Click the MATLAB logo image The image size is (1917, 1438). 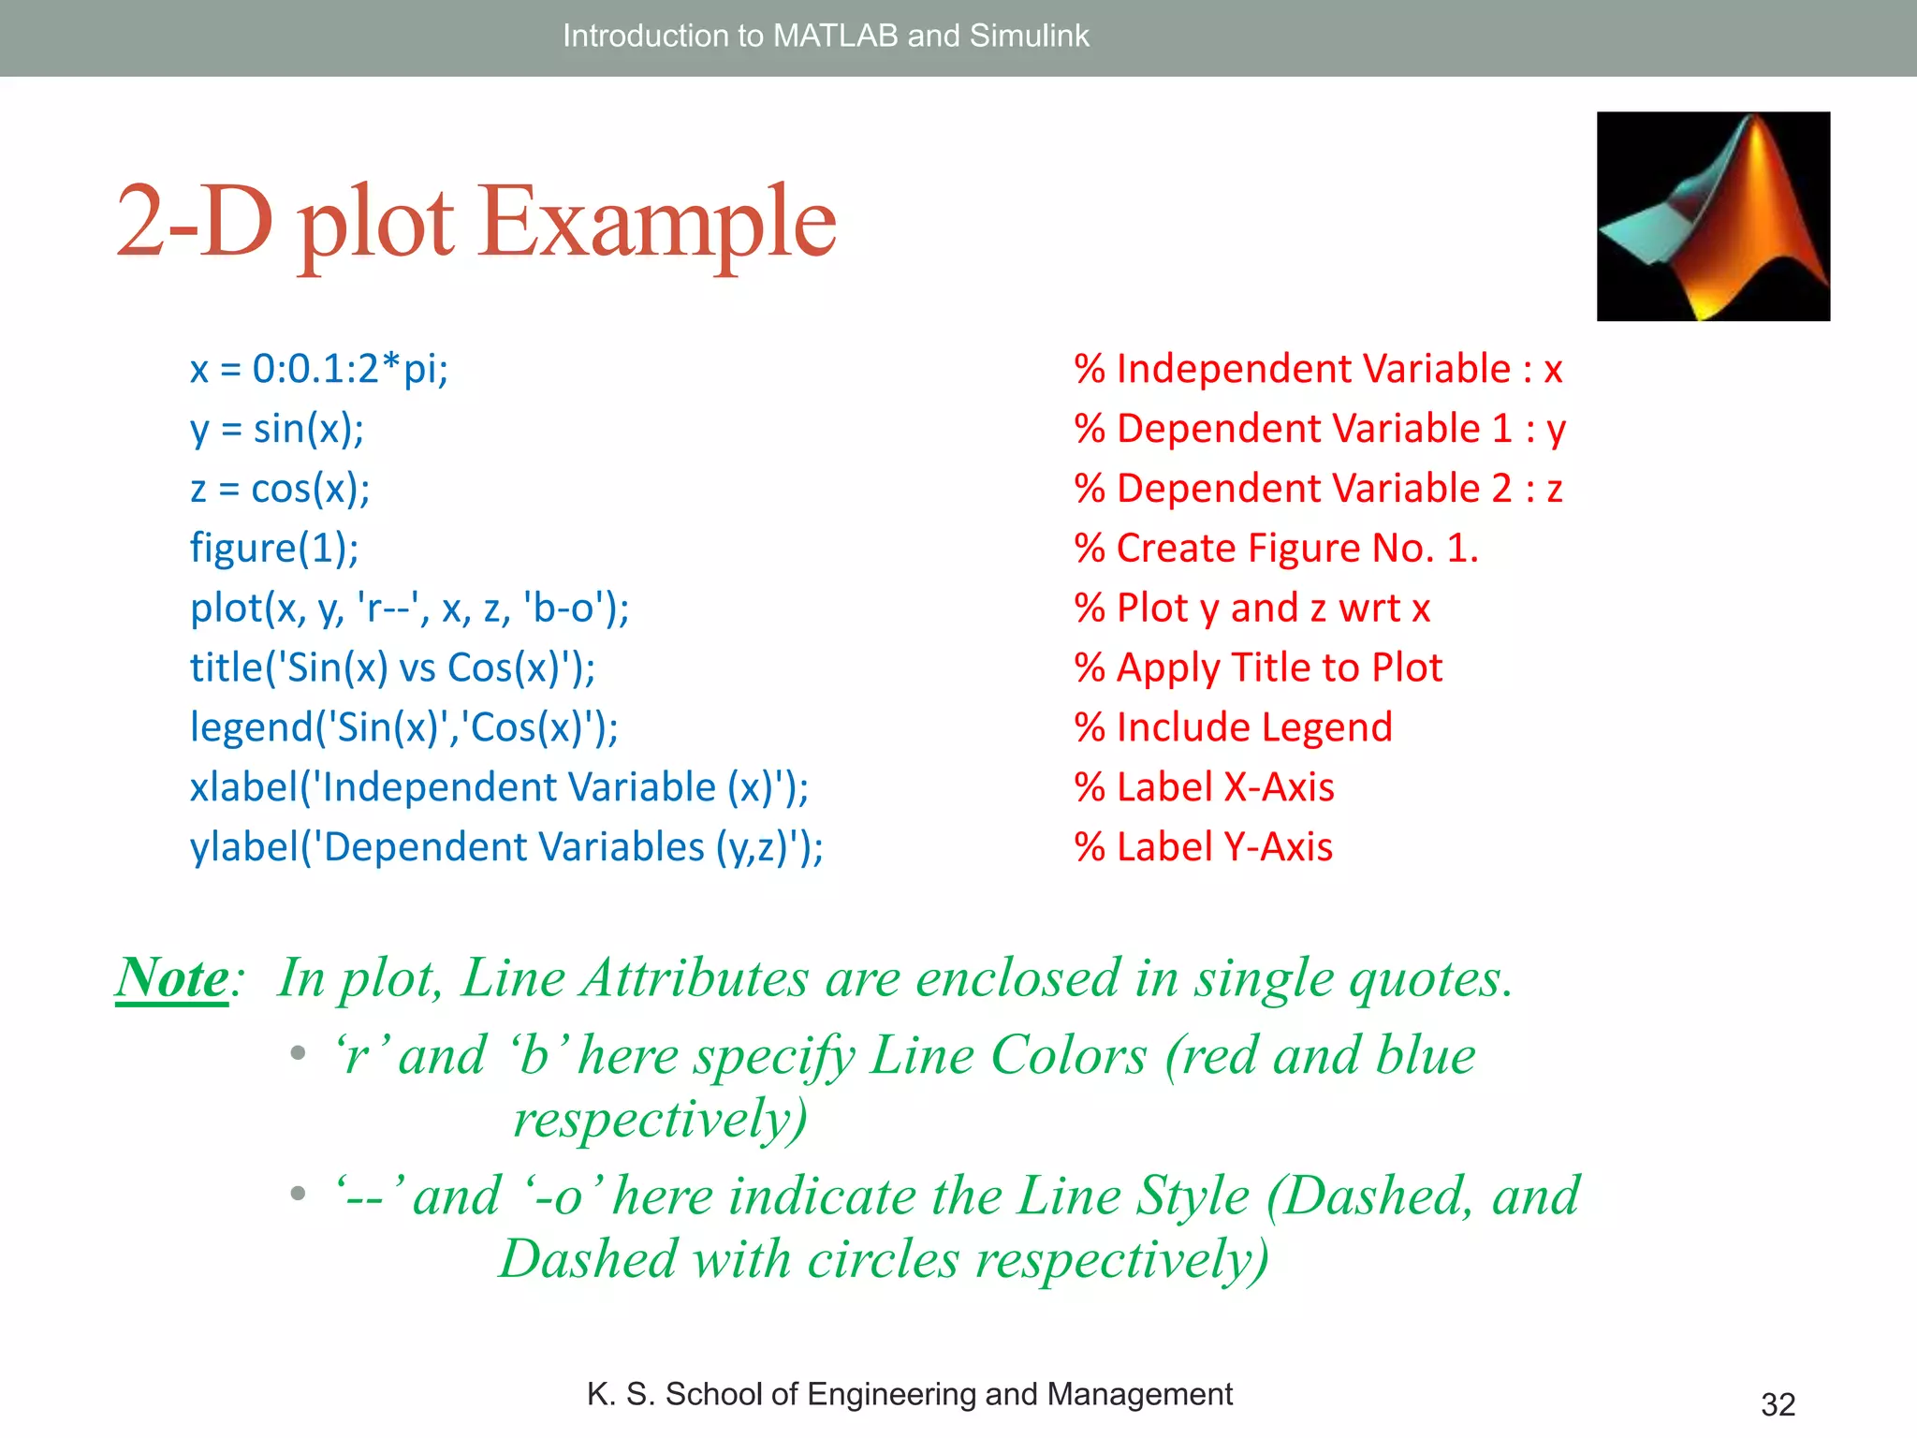(1713, 216)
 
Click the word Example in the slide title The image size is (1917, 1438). (657, 222)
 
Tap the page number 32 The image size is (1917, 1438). (1778, 1404)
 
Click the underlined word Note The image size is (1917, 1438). (172, 978)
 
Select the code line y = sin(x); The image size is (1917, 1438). (277, 429)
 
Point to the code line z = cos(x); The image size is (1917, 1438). (280, 489)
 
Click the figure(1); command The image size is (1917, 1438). (274, 548)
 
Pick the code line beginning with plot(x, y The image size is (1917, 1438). (409, 609)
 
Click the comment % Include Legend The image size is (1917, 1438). (1233, 727)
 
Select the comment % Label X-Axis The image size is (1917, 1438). (1204, 787)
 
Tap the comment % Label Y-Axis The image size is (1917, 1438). (1203, 847)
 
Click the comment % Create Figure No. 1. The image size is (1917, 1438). (1276, 548)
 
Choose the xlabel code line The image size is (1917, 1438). (499, 787)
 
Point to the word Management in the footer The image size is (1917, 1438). (1139, 1394)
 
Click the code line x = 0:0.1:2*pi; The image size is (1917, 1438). (319, 369)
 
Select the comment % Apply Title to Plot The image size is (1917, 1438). (1258, 668)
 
